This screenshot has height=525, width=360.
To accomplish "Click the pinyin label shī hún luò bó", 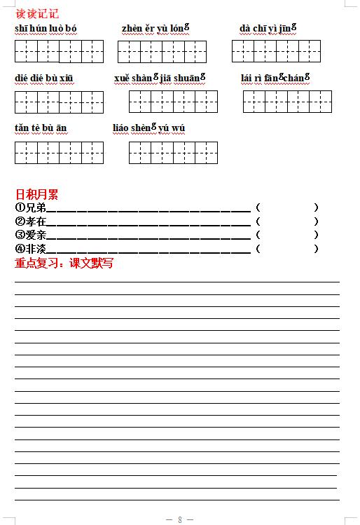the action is (x=46, y=28).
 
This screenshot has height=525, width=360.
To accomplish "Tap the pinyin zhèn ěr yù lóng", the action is (x=156, y=28).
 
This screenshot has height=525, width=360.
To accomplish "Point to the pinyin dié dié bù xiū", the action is (x=43, y=77).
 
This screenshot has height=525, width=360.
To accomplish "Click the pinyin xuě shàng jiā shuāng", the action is (x=159, y=77).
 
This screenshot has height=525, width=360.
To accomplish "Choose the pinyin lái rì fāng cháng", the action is (x=275, y=77).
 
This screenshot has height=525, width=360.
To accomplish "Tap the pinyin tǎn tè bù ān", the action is (x=41, y=128).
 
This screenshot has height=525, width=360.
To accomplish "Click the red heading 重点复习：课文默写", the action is (x=64, y=264).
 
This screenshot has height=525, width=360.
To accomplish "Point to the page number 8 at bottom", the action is (x=180, y=519).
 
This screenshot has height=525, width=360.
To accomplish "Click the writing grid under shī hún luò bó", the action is (x=59, y=51).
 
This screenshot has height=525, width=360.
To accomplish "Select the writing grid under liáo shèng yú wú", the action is (x=173, y=152).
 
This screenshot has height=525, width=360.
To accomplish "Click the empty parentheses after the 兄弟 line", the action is (x=287, y=207).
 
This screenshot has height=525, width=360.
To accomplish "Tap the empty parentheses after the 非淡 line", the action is (x=287, y=249).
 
